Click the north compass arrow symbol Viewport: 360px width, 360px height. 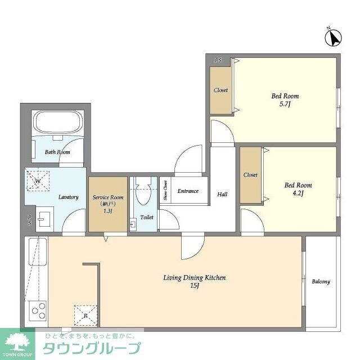tap(334, 38)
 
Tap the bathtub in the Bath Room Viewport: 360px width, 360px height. tap(58, 123)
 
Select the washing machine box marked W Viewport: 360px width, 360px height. tap(38, 181)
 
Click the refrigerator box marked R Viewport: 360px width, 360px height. tap(85, 316)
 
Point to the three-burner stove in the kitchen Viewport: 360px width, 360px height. tap(38, 310)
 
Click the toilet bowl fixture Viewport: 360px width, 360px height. tap(143, 191)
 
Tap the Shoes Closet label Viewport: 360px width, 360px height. tap(165, 190)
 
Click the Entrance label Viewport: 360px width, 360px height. tap(188, 191)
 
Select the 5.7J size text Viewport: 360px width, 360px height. tap(285, 105)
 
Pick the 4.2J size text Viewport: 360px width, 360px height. tap(298, 193)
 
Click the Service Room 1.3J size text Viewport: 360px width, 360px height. tap(107, 211)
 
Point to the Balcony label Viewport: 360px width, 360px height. tap(321, 282)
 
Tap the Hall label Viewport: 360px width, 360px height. tap(222, 195)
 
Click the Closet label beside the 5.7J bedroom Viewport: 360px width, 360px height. tap(220, 90)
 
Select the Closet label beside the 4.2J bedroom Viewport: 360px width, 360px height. tap(250, 175)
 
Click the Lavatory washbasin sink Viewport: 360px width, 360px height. tap(44, 219)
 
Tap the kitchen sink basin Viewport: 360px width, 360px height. tap(38, 251)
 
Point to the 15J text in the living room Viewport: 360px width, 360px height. tap(194, 286)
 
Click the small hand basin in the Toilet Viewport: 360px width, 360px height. tap(133, 223)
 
